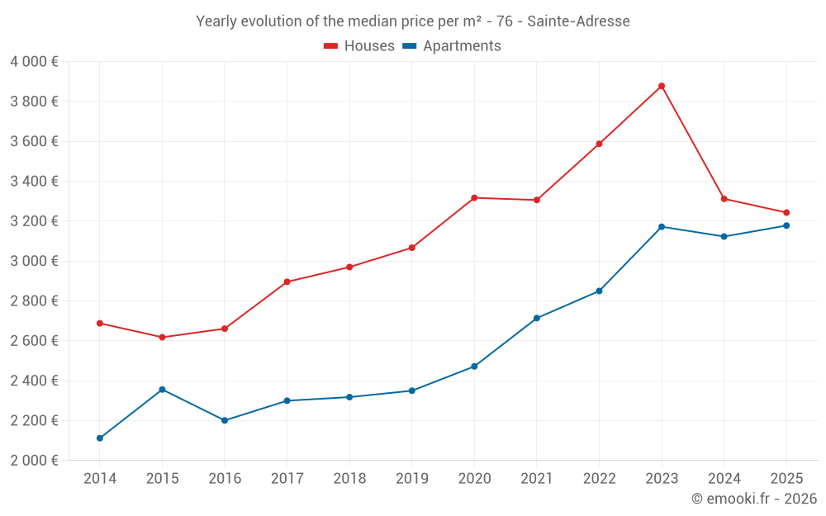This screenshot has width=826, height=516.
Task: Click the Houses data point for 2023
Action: point(662,86)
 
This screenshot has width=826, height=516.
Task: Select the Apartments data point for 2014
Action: point(100,438)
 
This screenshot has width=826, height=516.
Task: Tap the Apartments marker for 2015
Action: point(162,390)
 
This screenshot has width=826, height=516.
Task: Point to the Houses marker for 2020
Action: point(474,198)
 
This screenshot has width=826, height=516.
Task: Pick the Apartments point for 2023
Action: point(662,227)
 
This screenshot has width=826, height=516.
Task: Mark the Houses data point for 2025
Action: point(786,213)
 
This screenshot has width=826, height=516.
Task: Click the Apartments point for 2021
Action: point(537,319)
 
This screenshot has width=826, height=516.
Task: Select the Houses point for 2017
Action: point(287,282)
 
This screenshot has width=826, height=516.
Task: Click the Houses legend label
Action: point(369,46)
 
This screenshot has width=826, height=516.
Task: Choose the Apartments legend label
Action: point(462,46)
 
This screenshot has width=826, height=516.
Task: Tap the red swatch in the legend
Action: point(331,46)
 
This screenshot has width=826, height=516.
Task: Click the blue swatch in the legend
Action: point(409,46)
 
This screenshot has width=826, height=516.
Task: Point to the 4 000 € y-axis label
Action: point(34,62)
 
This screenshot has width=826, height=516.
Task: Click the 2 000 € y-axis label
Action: point(34,461)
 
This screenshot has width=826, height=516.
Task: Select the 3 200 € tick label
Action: point(34,221)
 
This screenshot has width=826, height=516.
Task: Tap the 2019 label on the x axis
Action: point(411,479)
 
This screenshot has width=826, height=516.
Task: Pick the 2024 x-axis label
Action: point(724,479)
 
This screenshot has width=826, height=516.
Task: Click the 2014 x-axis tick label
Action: point(100,479)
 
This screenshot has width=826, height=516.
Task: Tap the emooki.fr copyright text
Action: point(754,499)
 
